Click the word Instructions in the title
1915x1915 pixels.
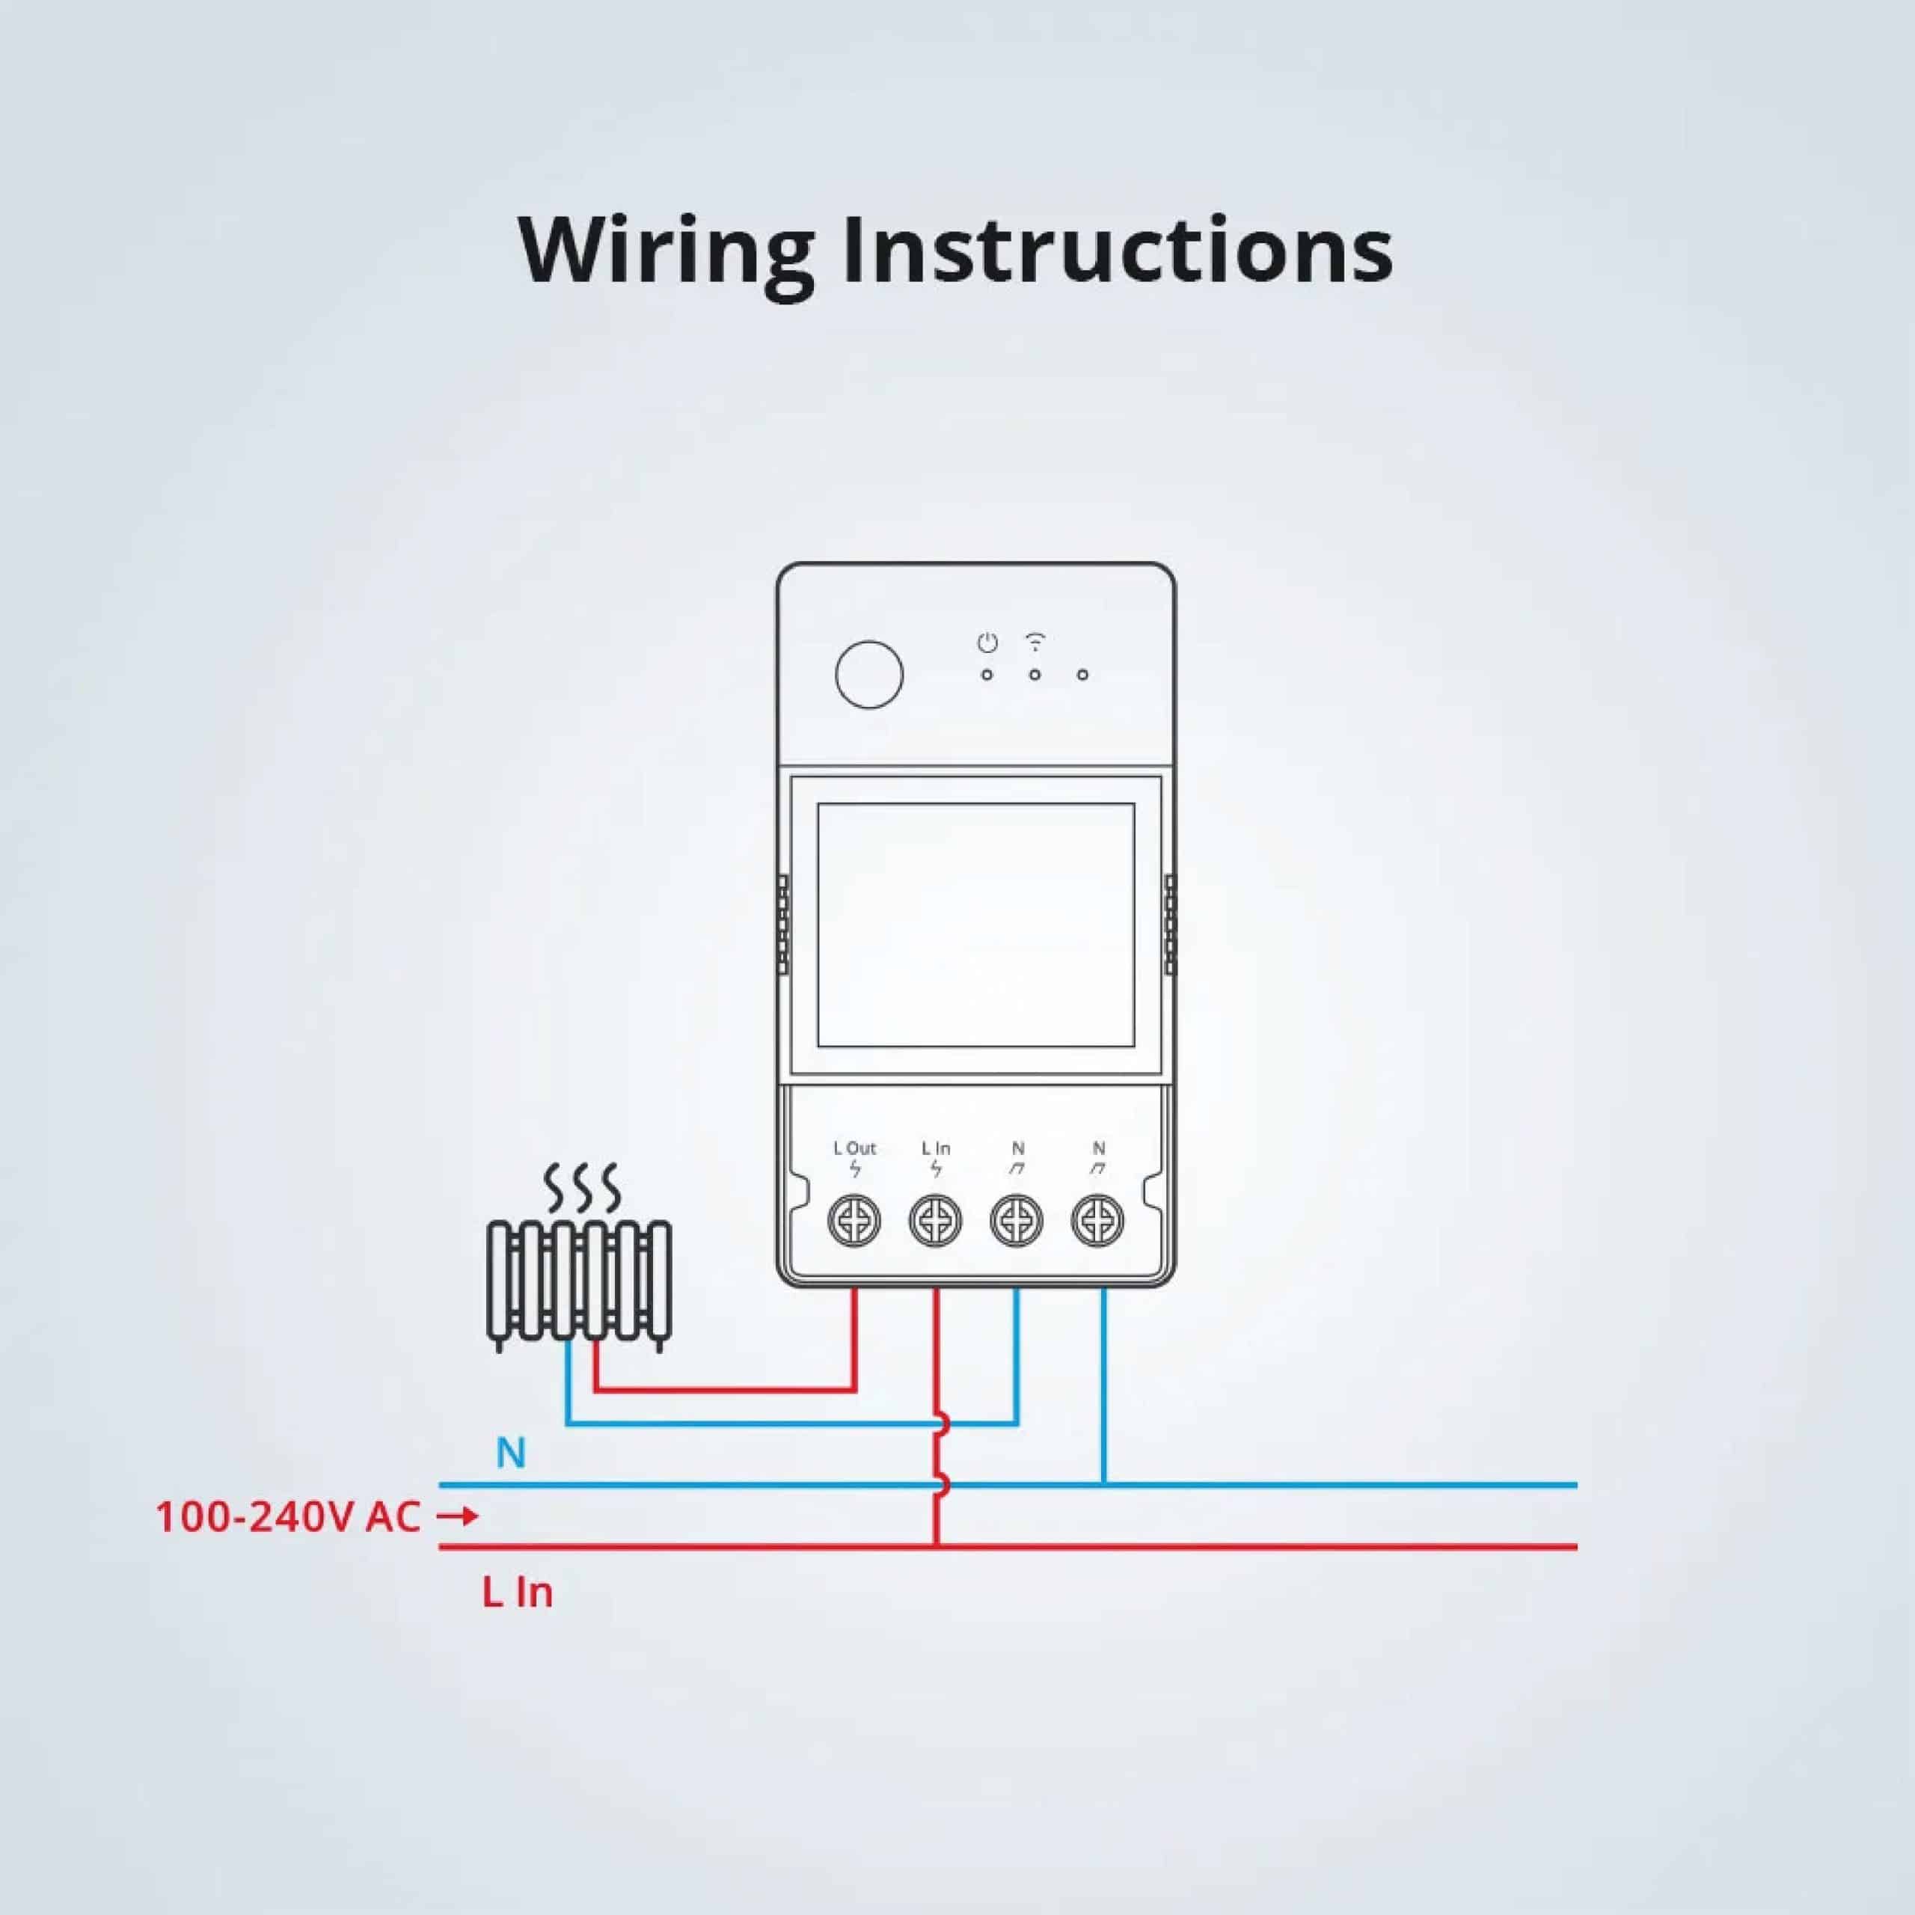point(1117,250)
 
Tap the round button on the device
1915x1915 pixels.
point(869,674)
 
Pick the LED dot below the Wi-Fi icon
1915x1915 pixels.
point(1035,675)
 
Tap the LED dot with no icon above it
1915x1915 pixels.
point(1082,675)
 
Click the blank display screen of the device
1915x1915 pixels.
point(975,925)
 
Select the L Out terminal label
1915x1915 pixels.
point(854,1148)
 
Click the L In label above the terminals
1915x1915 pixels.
point(936,1148)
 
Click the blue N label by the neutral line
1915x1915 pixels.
point(510,1453)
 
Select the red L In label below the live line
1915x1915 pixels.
point(518,1593)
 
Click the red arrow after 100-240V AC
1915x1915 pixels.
point(458,1516)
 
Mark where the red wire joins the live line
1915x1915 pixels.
point(935,1546)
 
